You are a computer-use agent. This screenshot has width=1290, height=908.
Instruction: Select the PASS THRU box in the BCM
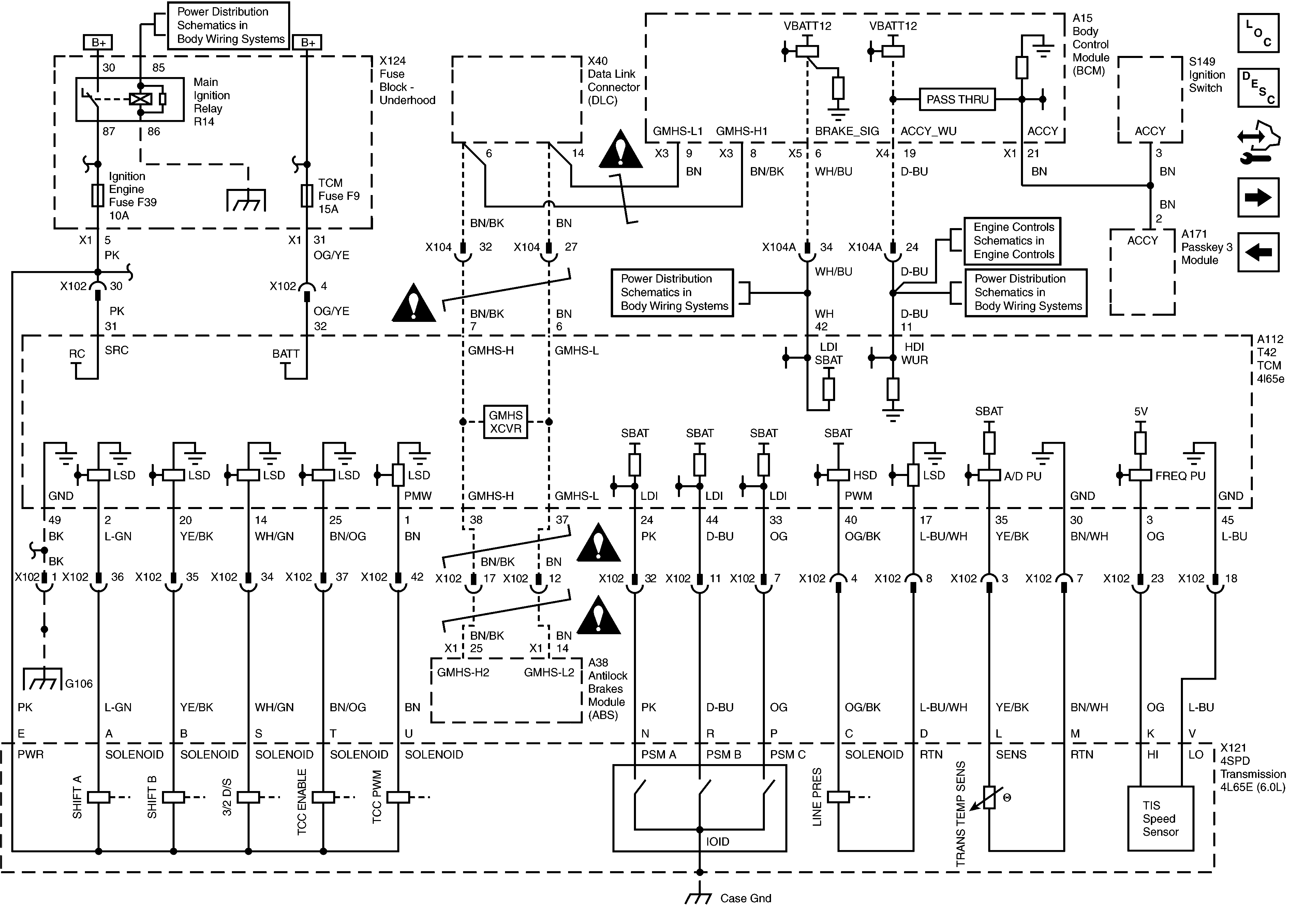[x=957, y=100]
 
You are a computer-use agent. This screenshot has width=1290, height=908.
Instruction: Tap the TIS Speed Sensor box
[x=1160, y=819]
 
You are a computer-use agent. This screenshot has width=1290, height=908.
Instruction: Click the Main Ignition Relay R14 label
[x=211, y=102]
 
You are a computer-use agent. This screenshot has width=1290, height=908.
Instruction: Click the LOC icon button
[x=1258, y=33]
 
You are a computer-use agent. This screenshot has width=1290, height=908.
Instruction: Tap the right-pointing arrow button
[x=1258, y=197]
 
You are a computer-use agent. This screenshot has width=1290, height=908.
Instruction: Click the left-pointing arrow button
[x=1258, y=252]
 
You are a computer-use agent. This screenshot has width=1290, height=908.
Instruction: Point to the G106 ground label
[x=79, y=684]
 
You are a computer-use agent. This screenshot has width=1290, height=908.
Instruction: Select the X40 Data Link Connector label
[x=613, y=80]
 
